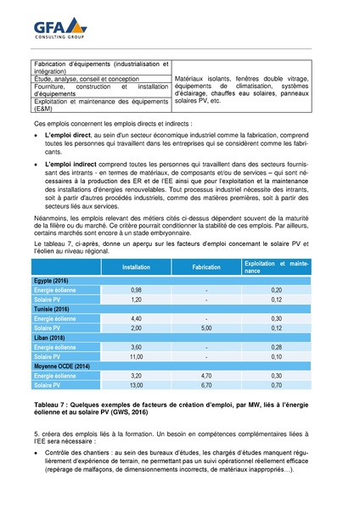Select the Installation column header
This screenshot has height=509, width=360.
(x=136, y=266)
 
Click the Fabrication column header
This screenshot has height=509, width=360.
(x=206, y=266)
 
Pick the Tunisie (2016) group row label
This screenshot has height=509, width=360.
(x=52, y=310)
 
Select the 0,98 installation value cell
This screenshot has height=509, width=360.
(x=136, y=289)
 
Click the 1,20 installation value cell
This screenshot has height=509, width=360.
(x=136, y=299)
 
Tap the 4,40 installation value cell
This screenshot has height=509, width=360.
(x=136, y=319)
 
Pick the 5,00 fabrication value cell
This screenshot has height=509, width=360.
(x=206, y=328)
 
